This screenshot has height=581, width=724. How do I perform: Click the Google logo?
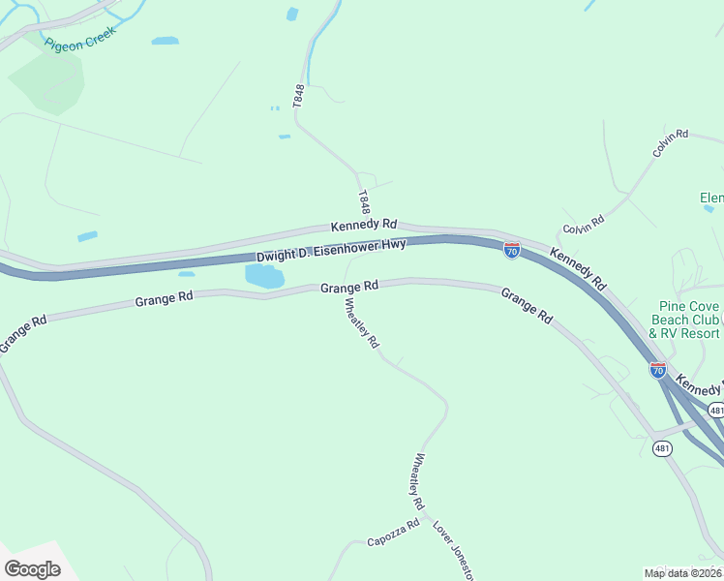[32, 569]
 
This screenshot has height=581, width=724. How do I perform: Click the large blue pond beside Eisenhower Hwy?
[264, 276]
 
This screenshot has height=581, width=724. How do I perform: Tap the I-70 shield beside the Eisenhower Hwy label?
[512, 251]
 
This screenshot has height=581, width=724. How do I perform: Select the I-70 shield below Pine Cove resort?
[658, 369]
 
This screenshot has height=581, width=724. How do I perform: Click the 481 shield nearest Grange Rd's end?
[662, 447]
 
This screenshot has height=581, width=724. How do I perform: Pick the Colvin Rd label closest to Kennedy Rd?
[584, 229]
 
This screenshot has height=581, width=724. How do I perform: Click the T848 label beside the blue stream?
[299, 95]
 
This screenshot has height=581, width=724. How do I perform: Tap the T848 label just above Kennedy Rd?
[364, 201]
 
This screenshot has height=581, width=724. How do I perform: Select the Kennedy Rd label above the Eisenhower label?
[363, 224]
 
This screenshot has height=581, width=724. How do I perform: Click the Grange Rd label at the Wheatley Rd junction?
[348, 288]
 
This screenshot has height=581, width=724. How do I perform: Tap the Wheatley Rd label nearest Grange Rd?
[362, 322]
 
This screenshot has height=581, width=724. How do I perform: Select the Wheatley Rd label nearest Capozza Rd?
[419, 481]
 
